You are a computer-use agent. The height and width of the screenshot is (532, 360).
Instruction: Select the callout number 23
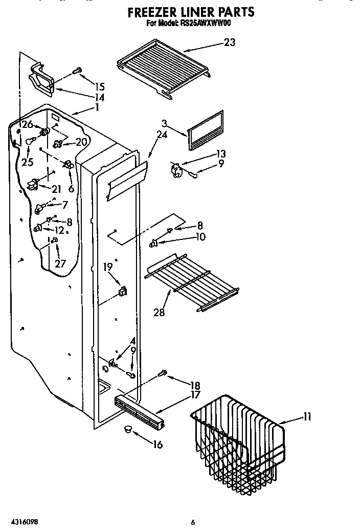point(230,42)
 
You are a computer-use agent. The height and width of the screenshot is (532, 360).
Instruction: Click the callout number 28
point(159,312)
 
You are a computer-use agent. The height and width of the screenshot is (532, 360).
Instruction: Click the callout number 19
point(108,266)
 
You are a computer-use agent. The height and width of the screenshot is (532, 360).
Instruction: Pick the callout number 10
point(200,236)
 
